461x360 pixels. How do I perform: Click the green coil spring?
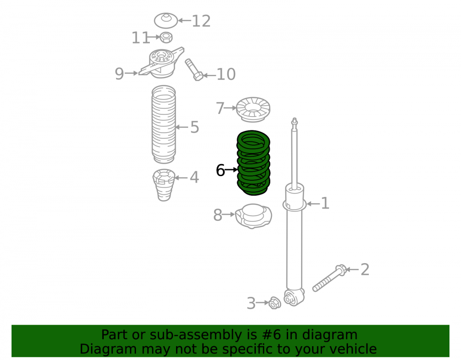[253, 163]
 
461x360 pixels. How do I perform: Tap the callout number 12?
[201, 21]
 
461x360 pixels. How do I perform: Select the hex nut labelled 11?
[166, 38]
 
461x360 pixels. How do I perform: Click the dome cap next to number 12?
[166, 21]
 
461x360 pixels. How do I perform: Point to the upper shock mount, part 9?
[161, 63]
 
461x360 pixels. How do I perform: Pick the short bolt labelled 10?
[194, 70]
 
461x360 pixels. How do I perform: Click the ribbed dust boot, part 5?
[164, 124]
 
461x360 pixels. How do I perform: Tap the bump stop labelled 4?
[164, 185]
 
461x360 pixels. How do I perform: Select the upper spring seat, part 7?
[253, 109]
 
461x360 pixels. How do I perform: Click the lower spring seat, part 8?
[254, 216]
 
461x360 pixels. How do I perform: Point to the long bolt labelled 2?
[330, 278]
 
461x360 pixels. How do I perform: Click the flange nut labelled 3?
[275, 303]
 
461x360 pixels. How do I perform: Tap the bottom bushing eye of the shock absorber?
[294, 298]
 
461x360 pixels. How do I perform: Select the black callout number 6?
[220, 170]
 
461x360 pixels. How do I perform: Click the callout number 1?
[325, 203]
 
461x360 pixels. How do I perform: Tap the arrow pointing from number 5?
[182, 127]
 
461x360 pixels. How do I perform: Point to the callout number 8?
[218, 215]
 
